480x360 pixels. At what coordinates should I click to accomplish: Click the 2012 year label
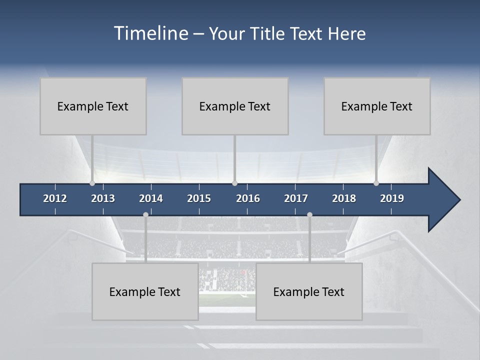(x=55, y=198)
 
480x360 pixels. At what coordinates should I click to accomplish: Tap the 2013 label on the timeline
(x=103, y=198)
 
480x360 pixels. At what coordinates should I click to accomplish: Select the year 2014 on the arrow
(x=151, y=198)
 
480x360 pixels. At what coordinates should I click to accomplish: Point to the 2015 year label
(x=199, y=198)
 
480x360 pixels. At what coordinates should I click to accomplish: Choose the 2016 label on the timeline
(x=248, y=198)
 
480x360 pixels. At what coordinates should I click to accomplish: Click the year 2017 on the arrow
(x=296, y=198)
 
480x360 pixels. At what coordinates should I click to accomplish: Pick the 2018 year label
(x=344, y=198)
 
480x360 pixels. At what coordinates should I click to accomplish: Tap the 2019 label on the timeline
(x=392, y=198)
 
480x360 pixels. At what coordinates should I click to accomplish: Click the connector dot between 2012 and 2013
(x=92, y=183)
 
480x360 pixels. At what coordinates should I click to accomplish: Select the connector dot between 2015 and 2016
(x=235, y=183)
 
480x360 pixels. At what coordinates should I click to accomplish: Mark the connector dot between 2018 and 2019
(x=376, y=183)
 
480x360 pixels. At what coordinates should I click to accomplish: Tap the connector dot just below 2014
(x=145, y=214)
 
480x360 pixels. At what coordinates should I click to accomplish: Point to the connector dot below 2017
(x=309, y=214)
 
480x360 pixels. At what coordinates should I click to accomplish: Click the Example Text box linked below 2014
(x=145, y=291)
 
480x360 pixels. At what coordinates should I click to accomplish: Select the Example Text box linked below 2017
(x=309, y=291)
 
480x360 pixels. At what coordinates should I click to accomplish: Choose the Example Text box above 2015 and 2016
(x=235, y=106)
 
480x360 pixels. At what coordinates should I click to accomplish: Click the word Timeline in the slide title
(x=151, y=33)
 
